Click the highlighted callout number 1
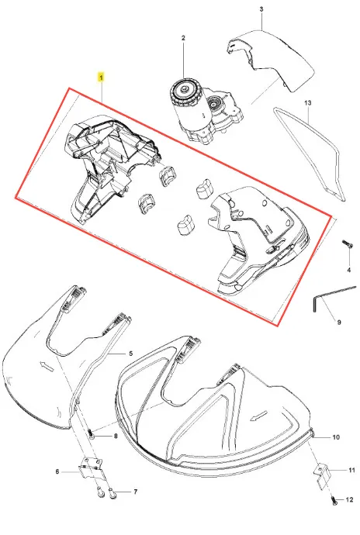pos(101,78)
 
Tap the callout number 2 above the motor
pos(183,38)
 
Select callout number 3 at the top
pos(261,9)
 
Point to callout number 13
pos(308,102)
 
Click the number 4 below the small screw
pos(348,271)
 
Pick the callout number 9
pos(339,322)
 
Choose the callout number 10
pos(336,437)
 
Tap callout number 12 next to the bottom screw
pos(349,500)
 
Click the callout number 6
pos(57,471)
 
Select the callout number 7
pos(135,492)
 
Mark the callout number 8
pos(116,436)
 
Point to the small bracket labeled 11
pos(322,476)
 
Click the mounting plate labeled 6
pos(91,468)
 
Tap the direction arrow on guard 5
pos(46,364)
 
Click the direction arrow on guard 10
pos(258,416)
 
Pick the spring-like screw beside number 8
pos(92,434)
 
